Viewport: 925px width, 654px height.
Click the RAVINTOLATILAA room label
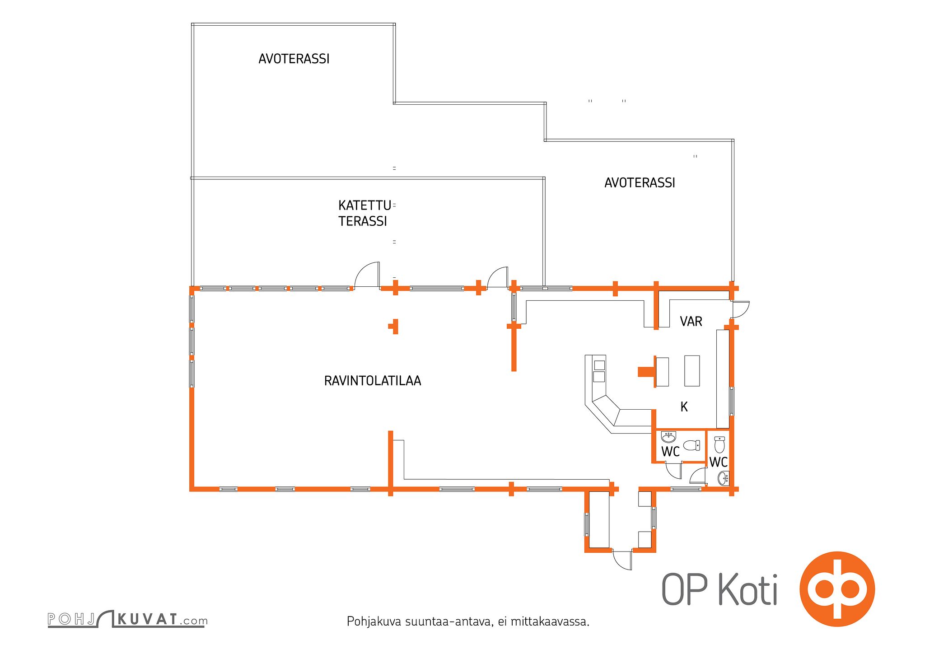[373, 381]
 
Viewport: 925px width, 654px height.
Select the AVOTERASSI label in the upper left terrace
[294, 59]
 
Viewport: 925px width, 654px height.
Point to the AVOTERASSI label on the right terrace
[640, 182]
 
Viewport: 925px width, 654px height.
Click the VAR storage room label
[691, 321]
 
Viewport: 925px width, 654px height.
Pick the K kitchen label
[684, 407]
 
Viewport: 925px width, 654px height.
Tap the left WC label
[670, 451]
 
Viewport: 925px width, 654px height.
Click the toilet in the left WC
[691, 445]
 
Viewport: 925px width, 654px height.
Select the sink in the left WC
[668, 437]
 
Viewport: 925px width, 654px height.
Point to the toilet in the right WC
[719, 444]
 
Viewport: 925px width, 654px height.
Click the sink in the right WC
[724, 478]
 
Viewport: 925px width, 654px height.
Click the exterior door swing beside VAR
[741, 309]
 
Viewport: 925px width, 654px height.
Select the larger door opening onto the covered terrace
[366, 275]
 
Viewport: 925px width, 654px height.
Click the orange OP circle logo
[837, 589]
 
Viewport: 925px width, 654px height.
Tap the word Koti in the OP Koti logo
[748, 589]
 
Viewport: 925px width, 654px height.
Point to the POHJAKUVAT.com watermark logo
[128, 619]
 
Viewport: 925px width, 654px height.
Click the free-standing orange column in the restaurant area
[394, 326]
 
